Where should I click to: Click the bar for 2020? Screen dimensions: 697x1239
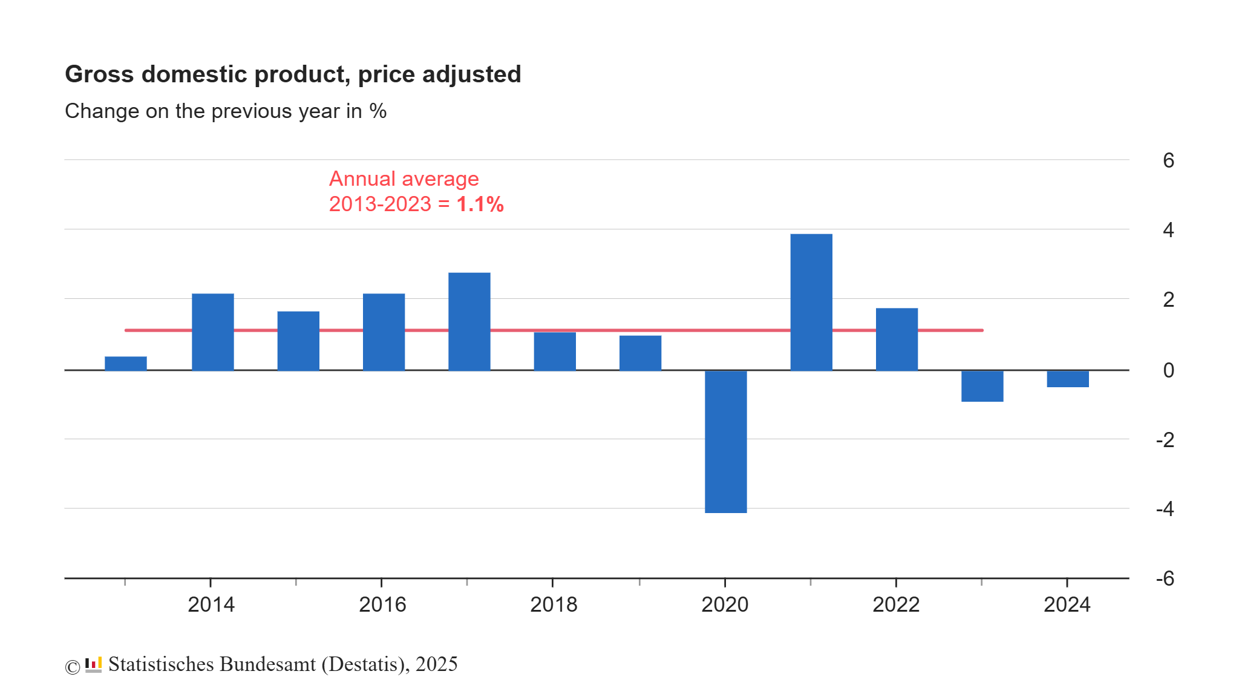[725, 442]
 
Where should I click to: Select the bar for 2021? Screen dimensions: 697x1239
[811, 302]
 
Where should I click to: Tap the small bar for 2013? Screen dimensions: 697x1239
[126, 364]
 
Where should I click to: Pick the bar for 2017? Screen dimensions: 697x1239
[469, 321]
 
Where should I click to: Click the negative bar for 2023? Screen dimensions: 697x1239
[982, 386]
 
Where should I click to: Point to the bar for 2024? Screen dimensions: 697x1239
[1068, 379]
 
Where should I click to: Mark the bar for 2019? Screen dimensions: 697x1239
[640, 353]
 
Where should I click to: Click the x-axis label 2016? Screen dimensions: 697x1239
[382, 604]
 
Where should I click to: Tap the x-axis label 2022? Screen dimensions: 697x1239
[895, 604]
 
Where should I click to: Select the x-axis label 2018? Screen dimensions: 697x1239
[554, 604]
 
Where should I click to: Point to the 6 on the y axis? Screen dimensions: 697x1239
[1168, 160]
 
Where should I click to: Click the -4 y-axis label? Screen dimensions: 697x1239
[1165, 509]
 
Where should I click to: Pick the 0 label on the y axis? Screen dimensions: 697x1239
[1168, 370]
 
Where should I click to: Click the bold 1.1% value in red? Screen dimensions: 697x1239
[480, 205]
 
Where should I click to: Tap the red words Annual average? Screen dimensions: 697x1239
[404, 179]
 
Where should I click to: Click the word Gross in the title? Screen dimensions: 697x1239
[99, 74]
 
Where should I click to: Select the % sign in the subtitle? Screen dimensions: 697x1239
[378, 111]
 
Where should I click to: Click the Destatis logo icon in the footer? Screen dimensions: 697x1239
[93, 664]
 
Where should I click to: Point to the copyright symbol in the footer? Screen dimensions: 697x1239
[73, 667]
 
